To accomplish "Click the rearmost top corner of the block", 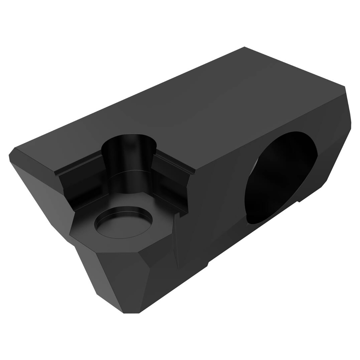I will (245, 47).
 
